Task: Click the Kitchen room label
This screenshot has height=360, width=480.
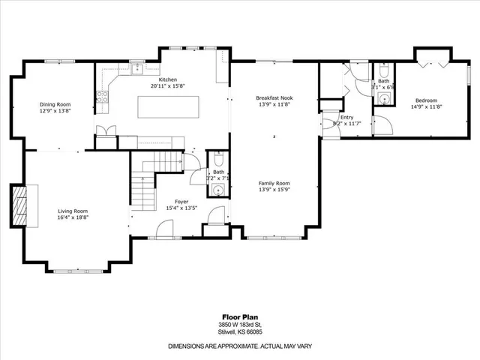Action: (168, 79)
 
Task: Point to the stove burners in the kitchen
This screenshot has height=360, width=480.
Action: (103, 95)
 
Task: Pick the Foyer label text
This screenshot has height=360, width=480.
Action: (181, 201)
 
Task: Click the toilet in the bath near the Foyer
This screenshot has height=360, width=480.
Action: (217, 160)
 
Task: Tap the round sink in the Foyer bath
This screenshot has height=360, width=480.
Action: (217, 190)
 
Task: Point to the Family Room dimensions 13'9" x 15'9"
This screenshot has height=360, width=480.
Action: (274, 190)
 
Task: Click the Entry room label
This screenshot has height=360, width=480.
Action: (346, 117)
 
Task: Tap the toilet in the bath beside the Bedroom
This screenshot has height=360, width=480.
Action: (384, 72)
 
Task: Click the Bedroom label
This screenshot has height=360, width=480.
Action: (427, 100)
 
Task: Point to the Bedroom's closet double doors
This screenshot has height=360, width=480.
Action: (432, 61)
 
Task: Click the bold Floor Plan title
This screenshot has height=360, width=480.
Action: (240, 316)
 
